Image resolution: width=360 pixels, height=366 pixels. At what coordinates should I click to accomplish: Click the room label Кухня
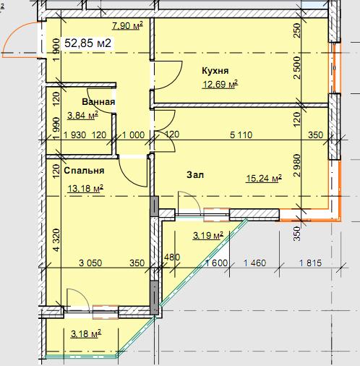[215, 71]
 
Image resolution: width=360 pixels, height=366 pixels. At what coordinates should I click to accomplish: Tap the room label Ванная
[98, 102]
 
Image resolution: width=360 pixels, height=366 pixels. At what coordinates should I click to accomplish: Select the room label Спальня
[84, 171]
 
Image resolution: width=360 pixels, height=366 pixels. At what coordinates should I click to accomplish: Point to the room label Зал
[195, 174]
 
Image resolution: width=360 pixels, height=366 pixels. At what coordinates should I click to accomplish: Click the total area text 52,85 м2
[88, 43]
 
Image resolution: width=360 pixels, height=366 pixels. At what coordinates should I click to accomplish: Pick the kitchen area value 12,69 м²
[220, 85]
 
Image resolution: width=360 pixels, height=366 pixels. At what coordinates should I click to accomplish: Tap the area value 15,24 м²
[264, 179]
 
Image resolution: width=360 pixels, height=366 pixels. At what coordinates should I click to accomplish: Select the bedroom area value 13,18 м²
[85, 188]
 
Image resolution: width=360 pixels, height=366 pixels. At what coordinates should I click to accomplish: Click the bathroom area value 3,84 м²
[82, 116]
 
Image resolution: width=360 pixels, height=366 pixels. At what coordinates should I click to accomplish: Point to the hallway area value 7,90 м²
[128, 25]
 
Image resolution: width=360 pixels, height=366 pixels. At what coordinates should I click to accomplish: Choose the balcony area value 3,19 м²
[208, 236]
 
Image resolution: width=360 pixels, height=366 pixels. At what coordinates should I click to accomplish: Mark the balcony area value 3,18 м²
[86, 334]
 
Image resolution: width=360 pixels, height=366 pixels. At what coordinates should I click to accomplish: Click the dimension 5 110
[241, 135]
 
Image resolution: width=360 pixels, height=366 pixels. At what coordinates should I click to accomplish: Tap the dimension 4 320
[57, 240]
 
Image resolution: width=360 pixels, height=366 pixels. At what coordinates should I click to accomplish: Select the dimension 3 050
[90, 263]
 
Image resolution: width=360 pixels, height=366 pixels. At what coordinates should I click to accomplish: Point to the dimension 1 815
[310, 263]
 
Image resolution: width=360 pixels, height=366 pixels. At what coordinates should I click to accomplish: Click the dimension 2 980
[297, 166]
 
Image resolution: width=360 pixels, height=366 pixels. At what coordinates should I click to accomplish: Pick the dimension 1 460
[255, 263]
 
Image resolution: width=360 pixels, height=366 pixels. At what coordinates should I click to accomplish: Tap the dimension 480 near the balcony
[172, 258]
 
